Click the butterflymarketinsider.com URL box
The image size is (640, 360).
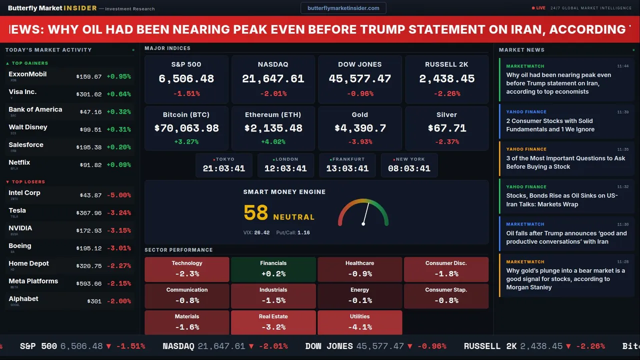[x=343, y=8]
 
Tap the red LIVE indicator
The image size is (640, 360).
[x=538, y=8]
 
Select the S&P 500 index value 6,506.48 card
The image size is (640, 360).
[x=186, y=79]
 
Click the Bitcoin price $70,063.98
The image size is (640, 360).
[x=186, y=128]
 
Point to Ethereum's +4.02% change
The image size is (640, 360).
[x=273, y=142]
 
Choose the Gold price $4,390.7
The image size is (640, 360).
[x=360, y=128]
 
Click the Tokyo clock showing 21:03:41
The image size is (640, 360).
[x=224, y=168]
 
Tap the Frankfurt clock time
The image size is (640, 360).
[x=347, y=168]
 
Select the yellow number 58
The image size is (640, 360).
[x=256, y=213]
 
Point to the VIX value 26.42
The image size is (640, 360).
[x=261, y=232]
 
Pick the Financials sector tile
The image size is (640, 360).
[x=273, y=269]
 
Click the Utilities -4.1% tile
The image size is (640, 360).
[x=359, y=322]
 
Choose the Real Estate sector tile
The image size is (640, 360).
[x=273, y=322]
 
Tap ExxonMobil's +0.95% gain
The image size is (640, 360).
[x=118, y=77]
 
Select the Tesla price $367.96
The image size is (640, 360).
[x=88, y=213]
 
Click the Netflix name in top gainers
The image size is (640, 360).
[x=19, y=162]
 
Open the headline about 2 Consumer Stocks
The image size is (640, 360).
[x=549, y=125]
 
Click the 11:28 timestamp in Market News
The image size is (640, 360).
[x=622, y=261]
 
